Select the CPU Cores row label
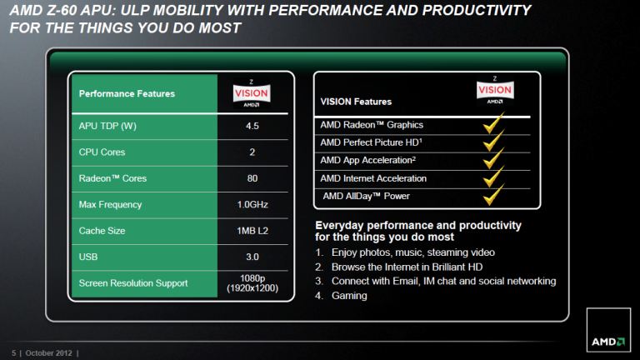coord(102,152)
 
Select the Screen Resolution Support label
coord(133,283)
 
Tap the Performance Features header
coord(127,93)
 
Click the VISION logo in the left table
coord(251,92)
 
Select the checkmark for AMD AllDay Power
coord(494,197)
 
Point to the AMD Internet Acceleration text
coord(373,178)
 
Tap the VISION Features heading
coord(356,102)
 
